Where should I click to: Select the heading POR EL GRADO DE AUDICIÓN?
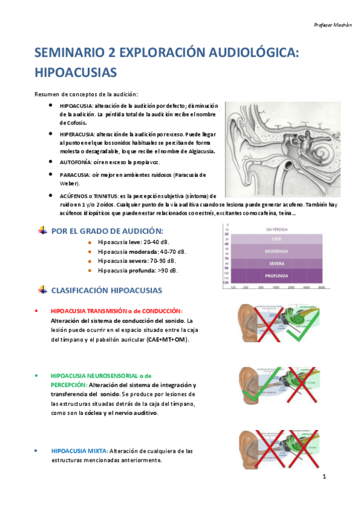point(107,230)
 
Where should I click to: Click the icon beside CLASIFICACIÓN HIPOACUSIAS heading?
point(41,290)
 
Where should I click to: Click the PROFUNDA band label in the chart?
point(276,276)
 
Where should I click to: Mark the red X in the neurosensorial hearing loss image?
point(302,384)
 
